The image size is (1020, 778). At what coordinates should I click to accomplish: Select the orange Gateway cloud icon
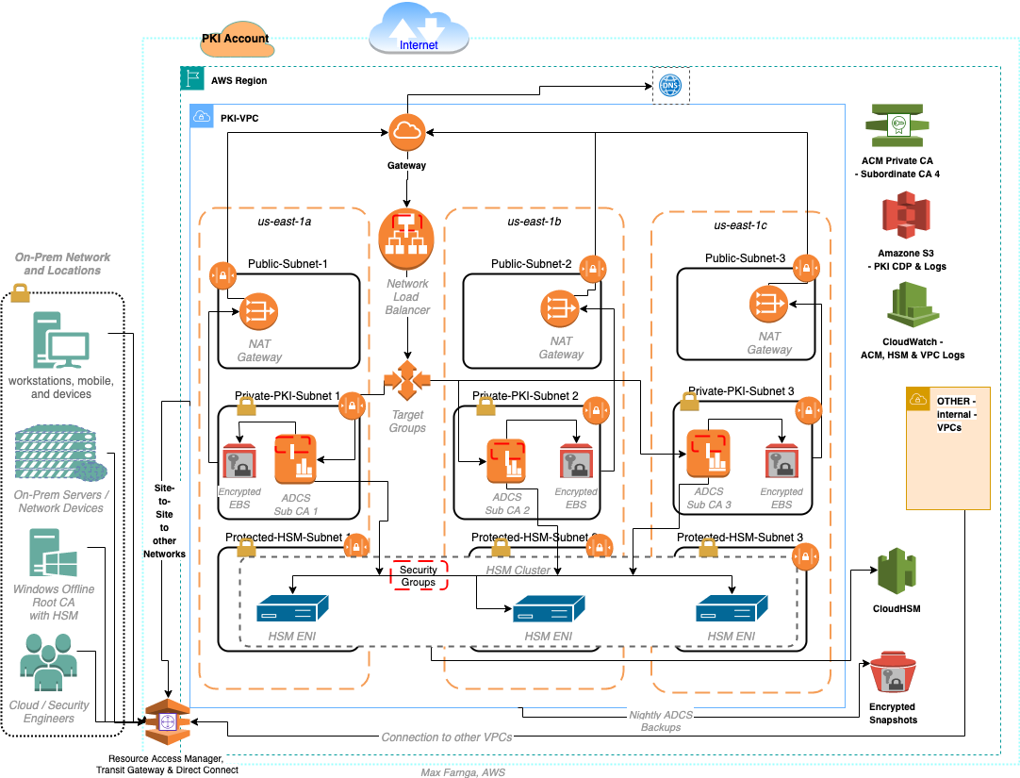[406, 135]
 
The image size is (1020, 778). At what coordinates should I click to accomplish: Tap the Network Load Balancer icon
[406, 239]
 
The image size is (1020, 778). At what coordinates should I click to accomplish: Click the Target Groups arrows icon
[406, 380]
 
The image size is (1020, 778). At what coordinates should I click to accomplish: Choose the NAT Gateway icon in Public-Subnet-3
[768, 303]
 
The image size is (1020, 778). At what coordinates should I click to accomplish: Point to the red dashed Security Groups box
[419, 576]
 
